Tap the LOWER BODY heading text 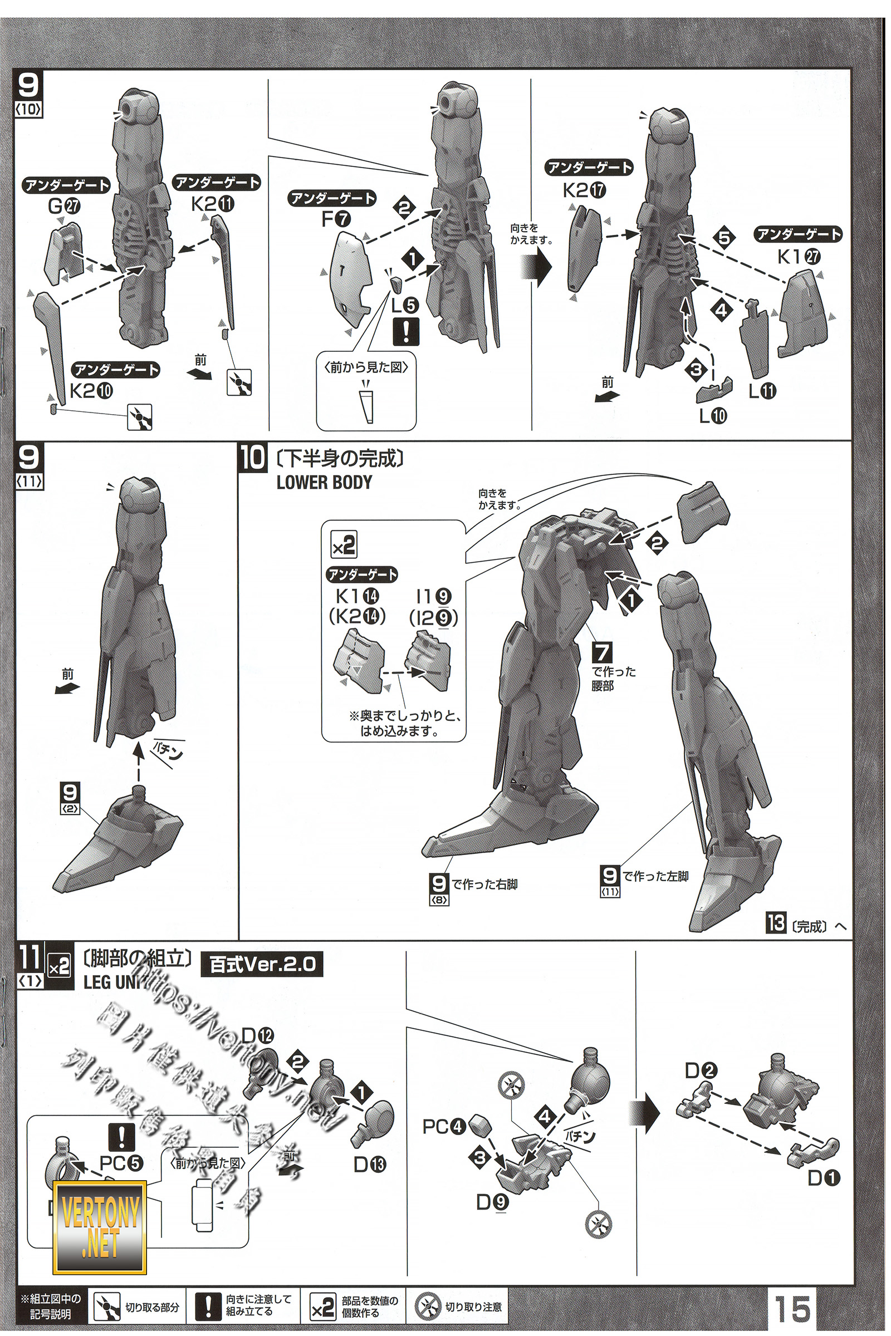(324, 482)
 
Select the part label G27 (64, 205)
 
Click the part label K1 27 (799, 257)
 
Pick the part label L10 (713, 416)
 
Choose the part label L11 (762, 391)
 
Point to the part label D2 (701, 1070)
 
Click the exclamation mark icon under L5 (406, 331)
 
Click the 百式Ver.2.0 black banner (262, 965)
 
